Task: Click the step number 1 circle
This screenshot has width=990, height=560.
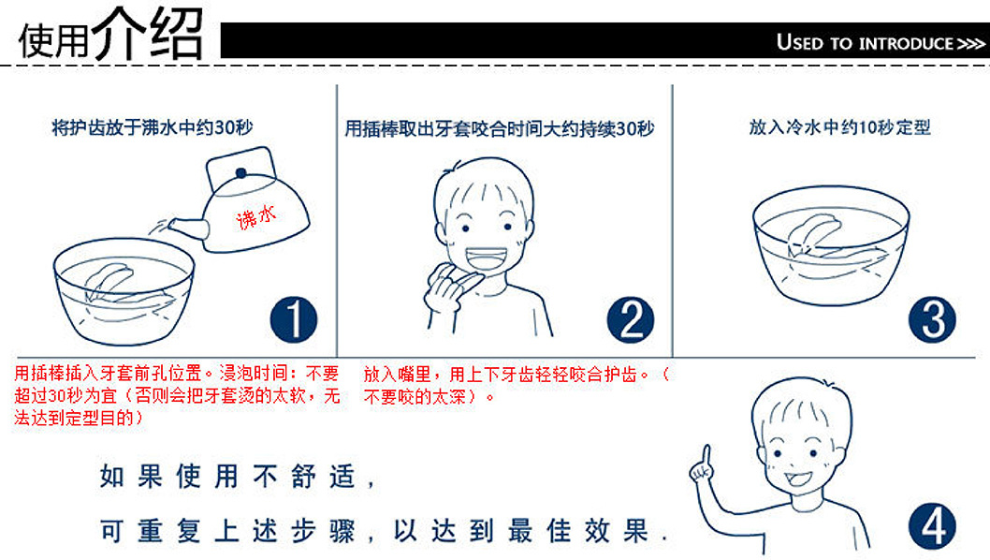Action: point(294,319)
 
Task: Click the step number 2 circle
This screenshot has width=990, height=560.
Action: point(630,319)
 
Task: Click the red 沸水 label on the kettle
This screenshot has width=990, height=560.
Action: point(257,218)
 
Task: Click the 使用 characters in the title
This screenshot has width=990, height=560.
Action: point(53,39)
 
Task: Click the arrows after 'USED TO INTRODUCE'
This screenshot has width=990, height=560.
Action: point(968,44)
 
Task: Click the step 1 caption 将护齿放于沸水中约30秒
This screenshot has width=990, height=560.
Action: point(153,127)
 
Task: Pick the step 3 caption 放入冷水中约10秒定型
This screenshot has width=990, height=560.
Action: point(839,127)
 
